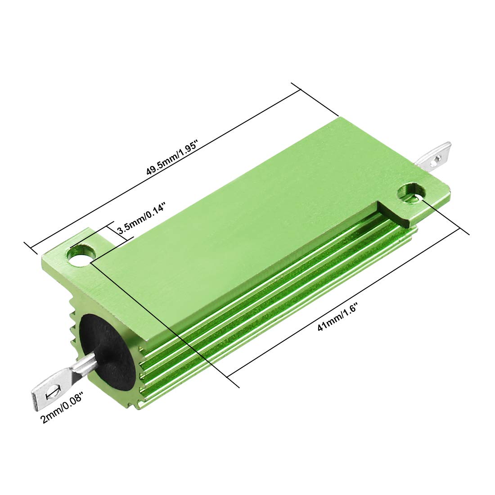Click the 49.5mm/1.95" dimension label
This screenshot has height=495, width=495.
(x=173, y=158)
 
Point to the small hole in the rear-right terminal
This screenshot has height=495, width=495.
(x=437, y=158)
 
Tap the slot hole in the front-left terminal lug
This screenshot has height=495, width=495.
(x=52, y=391)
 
